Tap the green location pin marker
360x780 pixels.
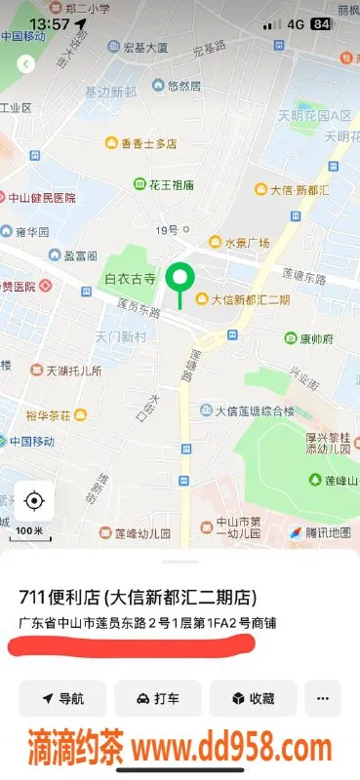click(x=179, y=280)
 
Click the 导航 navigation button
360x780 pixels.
click(x=62, y=698)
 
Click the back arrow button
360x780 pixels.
click(x=26, y=63)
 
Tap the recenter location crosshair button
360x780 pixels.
click(x=34, y=501)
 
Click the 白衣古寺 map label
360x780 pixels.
click(x=131, y=279)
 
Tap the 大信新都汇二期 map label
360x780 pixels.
click(x=243, y=299)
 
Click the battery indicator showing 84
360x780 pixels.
click(x=319, y=23)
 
